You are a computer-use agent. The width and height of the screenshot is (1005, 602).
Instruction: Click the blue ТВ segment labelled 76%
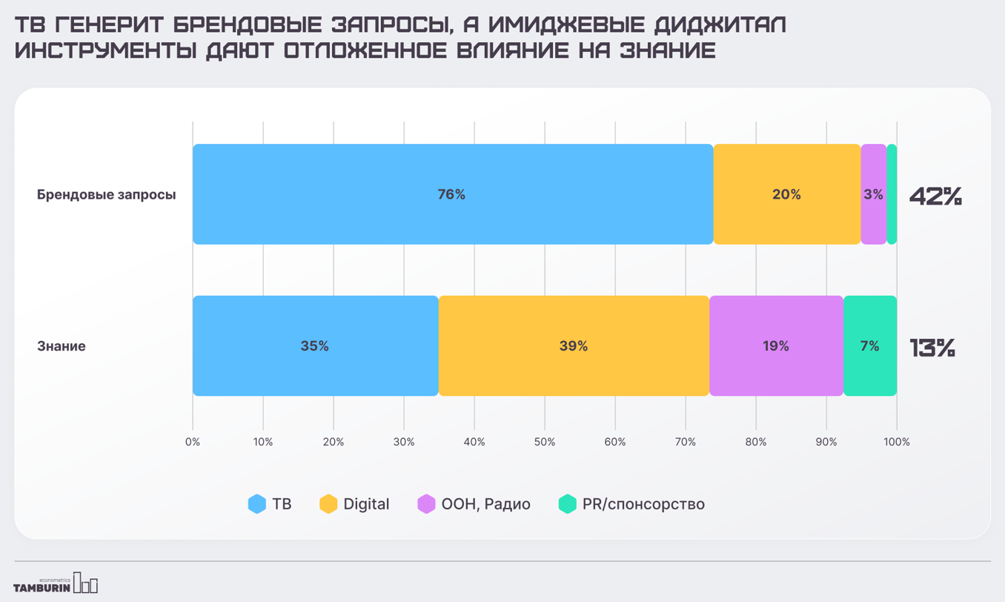[451, 194]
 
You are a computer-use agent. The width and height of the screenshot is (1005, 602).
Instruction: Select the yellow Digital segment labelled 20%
[786, 194]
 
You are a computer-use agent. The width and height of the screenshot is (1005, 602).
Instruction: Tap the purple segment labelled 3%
[873, 194]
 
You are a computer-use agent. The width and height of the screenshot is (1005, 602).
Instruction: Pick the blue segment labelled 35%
[314, 345]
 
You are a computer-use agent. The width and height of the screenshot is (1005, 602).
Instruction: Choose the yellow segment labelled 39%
[574, 345]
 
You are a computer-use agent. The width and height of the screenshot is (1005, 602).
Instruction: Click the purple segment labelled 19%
[776, 345]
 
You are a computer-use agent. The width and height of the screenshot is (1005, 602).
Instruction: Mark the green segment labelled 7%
[869, 345]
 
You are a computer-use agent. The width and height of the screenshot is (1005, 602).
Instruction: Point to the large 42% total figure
[935, 196]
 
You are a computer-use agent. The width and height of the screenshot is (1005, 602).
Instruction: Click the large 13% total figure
[932, 348]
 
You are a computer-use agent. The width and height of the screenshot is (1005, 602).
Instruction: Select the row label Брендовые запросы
[107, 195]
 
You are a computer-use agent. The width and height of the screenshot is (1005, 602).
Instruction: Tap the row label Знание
[62, 346]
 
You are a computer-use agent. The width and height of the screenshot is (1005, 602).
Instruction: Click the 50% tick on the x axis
[545, 442]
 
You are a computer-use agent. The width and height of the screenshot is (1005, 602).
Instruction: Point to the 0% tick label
[193, 442]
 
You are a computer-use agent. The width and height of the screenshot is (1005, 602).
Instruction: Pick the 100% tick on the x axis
[896, 442]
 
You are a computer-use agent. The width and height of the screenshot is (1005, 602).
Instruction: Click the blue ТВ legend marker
[257, 504]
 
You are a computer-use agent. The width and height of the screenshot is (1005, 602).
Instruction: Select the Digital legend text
[366, 504]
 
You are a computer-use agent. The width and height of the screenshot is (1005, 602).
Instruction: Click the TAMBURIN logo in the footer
[56, 584]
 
